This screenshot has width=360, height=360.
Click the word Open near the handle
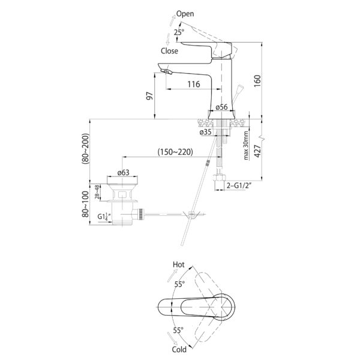185,14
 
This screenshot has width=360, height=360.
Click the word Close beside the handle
169,51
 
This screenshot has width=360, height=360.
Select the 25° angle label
179,32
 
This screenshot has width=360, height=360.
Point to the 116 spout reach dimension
194,84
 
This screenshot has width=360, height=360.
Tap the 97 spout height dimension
149,96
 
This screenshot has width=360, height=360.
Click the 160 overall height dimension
257,80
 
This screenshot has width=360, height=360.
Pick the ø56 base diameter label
221,107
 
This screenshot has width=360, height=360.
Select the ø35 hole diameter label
205,132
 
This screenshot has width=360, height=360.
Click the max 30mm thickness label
246,145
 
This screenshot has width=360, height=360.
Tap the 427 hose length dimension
257,151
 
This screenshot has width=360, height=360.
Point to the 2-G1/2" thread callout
238,185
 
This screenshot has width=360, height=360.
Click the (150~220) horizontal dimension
175,152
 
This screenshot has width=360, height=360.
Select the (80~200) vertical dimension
85,149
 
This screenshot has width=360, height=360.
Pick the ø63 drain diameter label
123,172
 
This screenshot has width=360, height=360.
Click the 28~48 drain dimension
97,192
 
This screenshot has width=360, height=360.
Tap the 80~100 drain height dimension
85,204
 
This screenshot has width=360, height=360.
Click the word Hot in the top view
179,265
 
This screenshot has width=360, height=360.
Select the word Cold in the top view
179,350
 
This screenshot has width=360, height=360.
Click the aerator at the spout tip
167,71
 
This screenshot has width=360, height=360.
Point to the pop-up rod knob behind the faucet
239,88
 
